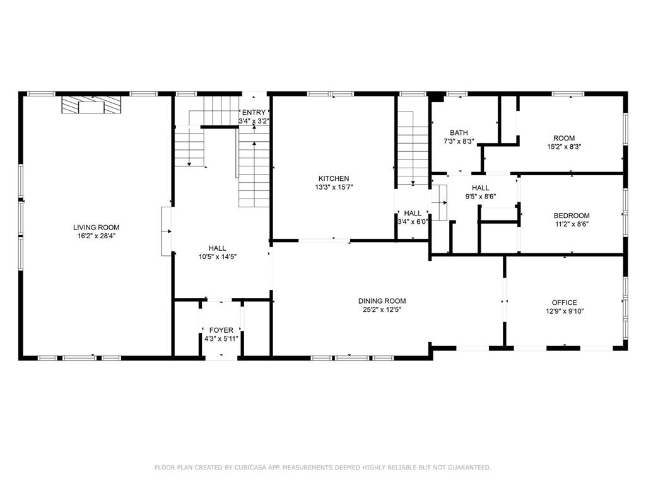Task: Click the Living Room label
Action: pos(96,228)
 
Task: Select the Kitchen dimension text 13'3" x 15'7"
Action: pos(333,187)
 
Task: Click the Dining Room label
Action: pos(382,301)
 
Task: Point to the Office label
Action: pos(564,302)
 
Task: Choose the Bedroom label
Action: pos(572,216)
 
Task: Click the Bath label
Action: pos(459,133)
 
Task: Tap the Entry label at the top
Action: pos(254,113)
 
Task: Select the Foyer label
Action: pos(221,330)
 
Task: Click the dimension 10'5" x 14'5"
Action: pos(218,256)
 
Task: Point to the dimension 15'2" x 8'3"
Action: pos(564,146)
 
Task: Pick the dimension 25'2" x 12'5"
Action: pos(382,309)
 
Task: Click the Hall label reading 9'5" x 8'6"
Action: pos(481,196)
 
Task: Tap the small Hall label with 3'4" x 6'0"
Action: pos(413,221)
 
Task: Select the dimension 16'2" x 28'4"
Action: pos(96,236)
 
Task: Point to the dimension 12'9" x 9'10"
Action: pos(564,311)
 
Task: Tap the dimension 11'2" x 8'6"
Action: pos(572,224)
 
